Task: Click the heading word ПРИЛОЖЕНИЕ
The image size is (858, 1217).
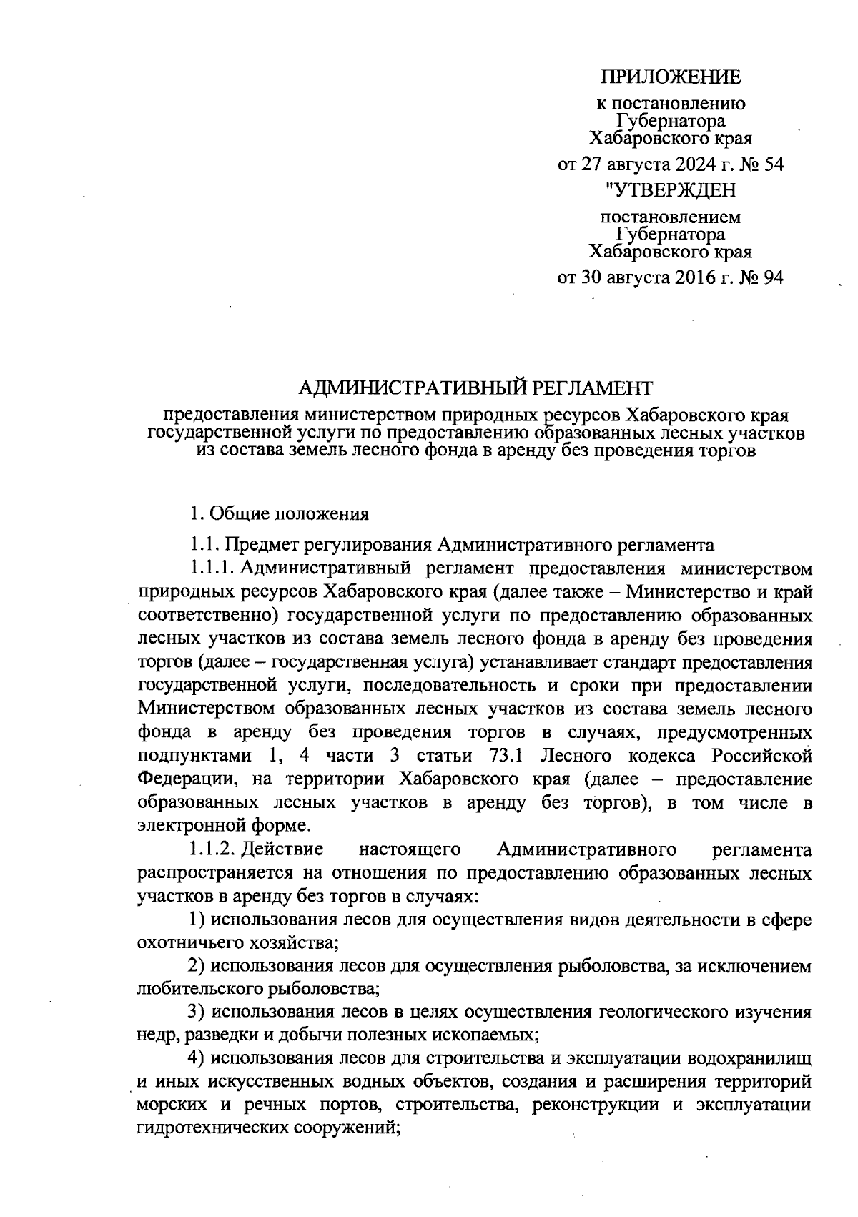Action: (670, 77)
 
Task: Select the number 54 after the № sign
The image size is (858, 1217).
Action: (774, 165)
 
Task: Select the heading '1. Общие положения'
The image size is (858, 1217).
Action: (279, 513)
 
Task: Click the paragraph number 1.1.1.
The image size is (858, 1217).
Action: (211, 569)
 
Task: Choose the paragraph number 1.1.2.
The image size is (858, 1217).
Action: (211, 849)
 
